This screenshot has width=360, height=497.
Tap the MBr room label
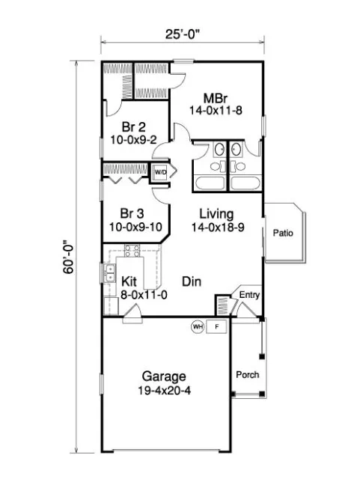pos(216,97)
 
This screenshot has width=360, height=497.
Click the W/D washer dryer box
pos(161,172)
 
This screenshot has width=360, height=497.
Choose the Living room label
pos(216,213)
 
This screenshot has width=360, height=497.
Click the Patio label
pos(283,233)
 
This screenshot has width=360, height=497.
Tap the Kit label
pos(129,281)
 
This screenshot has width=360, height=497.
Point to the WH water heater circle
pos(198,327)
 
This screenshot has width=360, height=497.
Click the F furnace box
pos(217,327)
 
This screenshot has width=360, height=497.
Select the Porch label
pos(248,374)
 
